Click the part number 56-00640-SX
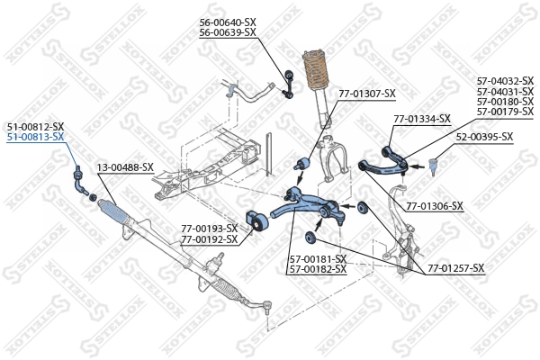coord(227,22)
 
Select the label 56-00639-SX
coord(227,32)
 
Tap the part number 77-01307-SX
coord(366,93)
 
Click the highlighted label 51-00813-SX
coord(35,137)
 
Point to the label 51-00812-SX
coord(35,126)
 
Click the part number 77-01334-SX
coord(421,119)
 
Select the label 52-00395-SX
coord(483,137)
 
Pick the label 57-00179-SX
coord(505,112)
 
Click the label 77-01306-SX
coord(434,206)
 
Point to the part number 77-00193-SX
coord(209,229)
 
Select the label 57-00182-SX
coord(318,269)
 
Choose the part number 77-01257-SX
coord(455,268)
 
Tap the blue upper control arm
coord(383,161)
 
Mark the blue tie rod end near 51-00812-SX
coord(79,179)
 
